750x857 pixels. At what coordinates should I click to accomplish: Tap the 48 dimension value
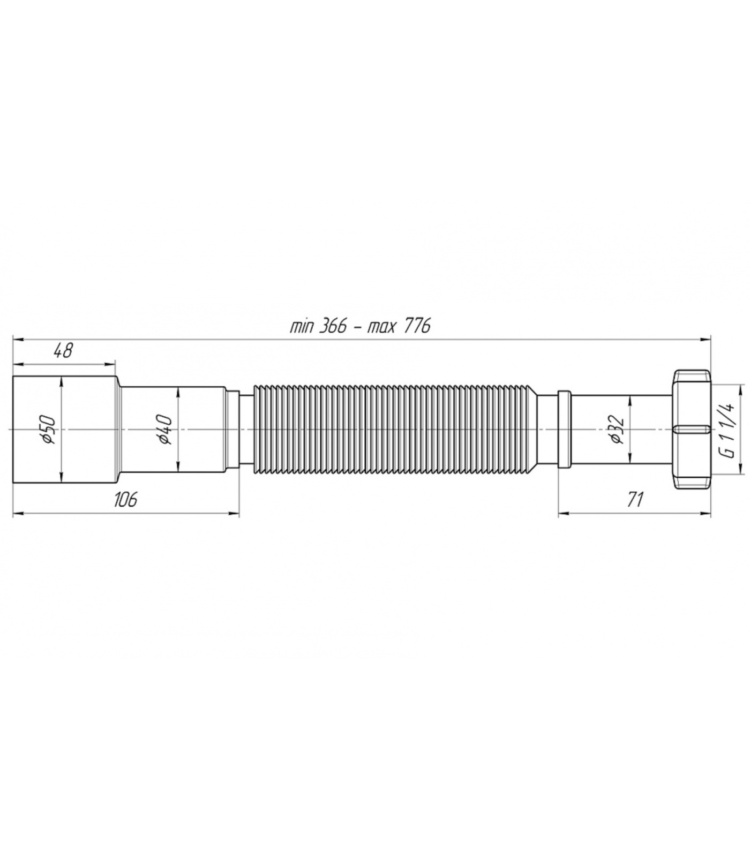(x=63, y=351)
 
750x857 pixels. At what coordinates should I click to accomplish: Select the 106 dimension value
(x=125, y=499)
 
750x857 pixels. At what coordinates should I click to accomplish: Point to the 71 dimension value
(x=634, y=499)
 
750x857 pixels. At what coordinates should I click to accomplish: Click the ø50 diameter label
(x=49, y=429)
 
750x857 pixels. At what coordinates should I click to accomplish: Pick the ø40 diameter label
(x=164, y=429)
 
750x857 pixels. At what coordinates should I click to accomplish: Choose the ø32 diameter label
(x=617, y=429)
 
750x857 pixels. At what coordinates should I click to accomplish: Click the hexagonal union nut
(x=691, y=429)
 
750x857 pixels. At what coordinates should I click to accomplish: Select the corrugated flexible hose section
(x=395, y=429)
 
